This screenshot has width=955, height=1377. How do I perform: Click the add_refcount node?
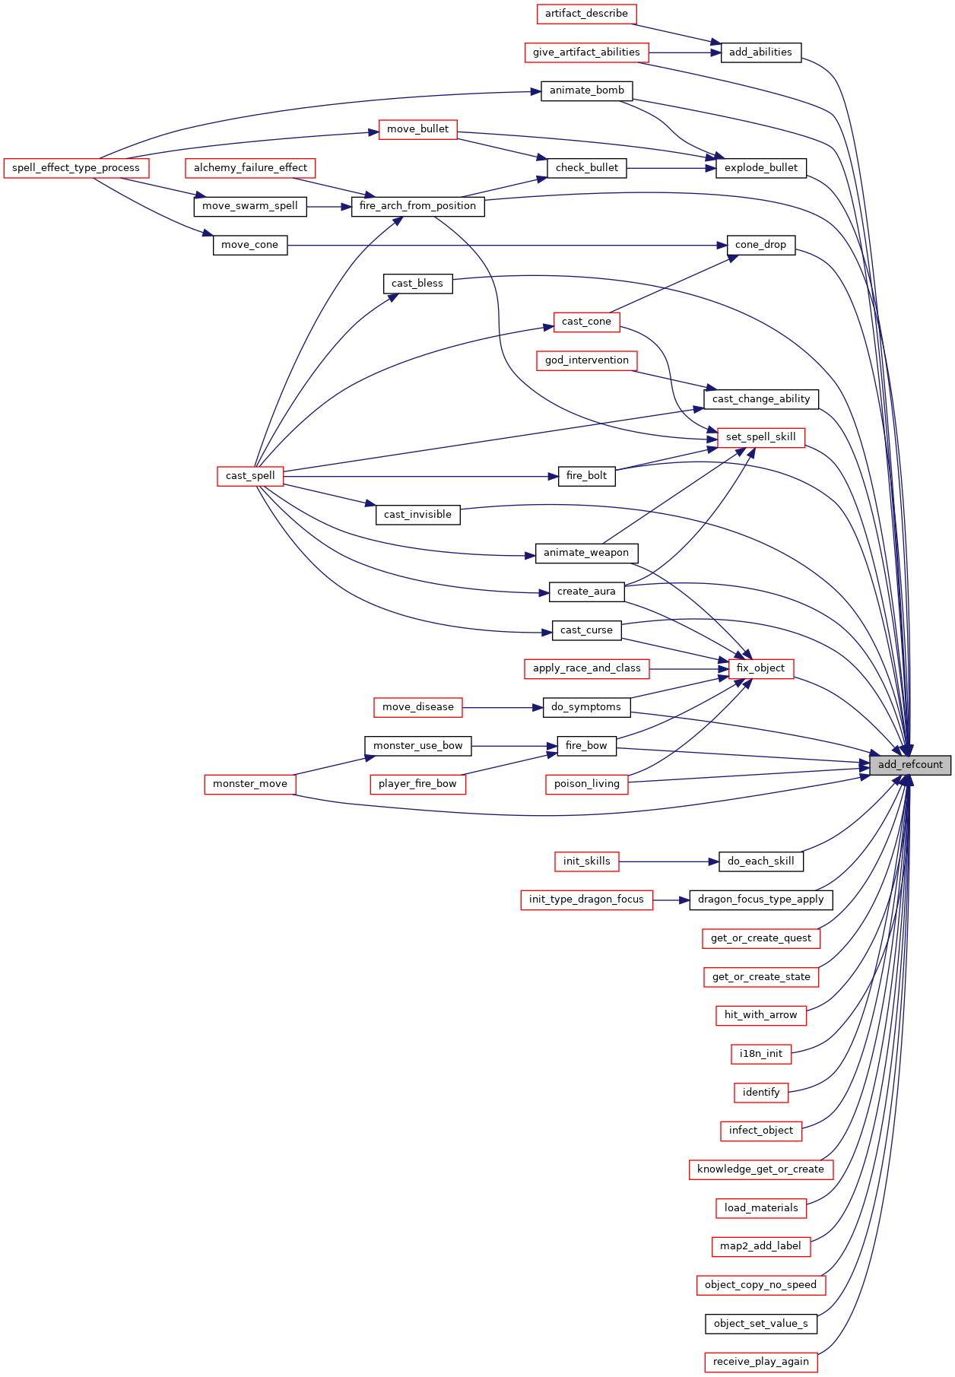tap(910, 765)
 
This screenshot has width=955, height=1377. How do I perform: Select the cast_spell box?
tap(250, 476)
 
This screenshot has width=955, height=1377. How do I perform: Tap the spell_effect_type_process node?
tap(76, 168)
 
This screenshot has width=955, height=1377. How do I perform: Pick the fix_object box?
tap(760, 668)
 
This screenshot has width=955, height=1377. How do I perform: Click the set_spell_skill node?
tap(760, 437)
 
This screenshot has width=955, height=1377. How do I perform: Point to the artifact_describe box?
tap(586, 14)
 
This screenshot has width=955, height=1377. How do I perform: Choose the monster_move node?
tap(250, 784)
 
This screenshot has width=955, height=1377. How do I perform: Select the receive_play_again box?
tap(760, 1362)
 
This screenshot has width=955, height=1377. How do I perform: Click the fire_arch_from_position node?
tap(417, 206)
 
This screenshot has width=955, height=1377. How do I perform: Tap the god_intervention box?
tap(586, 360)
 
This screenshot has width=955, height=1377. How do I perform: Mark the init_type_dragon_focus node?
tap(586, 899)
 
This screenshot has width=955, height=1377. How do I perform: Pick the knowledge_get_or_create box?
tap(760, 1169)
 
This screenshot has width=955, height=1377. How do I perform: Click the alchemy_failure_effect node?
tap(250, 168)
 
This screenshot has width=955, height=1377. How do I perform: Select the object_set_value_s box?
tap(760, 1324)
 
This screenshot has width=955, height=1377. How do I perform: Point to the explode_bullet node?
tap(760, 168)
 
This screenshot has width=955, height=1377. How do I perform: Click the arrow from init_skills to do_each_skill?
tap(668, 861)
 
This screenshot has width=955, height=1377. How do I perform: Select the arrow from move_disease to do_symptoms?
tap(503, 707)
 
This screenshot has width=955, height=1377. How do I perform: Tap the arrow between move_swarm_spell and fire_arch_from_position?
tap(329, 206)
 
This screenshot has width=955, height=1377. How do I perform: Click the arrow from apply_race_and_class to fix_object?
tap(689, 668)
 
